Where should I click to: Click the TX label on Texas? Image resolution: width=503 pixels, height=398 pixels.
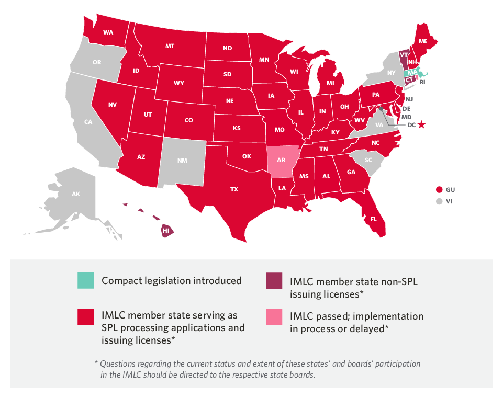click(x=234, y=189)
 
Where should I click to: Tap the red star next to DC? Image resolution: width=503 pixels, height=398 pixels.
click(x=422, y=125)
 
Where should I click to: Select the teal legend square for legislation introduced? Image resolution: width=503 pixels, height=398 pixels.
click(x=85, y=281)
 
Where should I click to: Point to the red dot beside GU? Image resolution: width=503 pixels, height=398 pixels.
click(x=439, y=189)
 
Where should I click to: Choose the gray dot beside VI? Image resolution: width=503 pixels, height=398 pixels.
click(x=439, y=201)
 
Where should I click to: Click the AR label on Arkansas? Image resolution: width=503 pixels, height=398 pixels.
click(x=281, y=161)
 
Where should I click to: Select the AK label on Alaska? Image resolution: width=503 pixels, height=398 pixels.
click(x=76, y=194)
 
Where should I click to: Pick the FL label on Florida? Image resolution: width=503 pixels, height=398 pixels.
click(x=374, y=220)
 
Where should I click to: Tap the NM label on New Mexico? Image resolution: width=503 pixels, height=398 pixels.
click(x=182, y=161)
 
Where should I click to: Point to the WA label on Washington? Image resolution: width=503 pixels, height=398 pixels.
click(x=108, y=32)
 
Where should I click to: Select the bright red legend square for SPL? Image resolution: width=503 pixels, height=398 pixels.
click(x=85, y=316)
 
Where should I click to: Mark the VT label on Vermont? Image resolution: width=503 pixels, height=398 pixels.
click(x=404, y=54)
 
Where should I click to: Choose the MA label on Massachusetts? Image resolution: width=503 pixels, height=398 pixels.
click(x=413, y=72)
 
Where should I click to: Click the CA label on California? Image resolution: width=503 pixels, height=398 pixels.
click(x=88, y=122)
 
